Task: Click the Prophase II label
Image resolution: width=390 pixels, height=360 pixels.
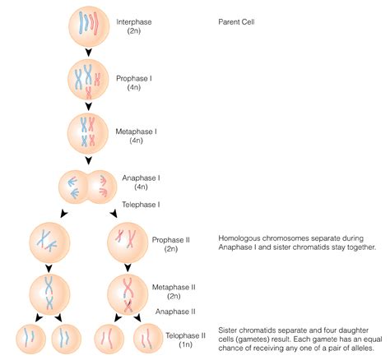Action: point(171,240)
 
